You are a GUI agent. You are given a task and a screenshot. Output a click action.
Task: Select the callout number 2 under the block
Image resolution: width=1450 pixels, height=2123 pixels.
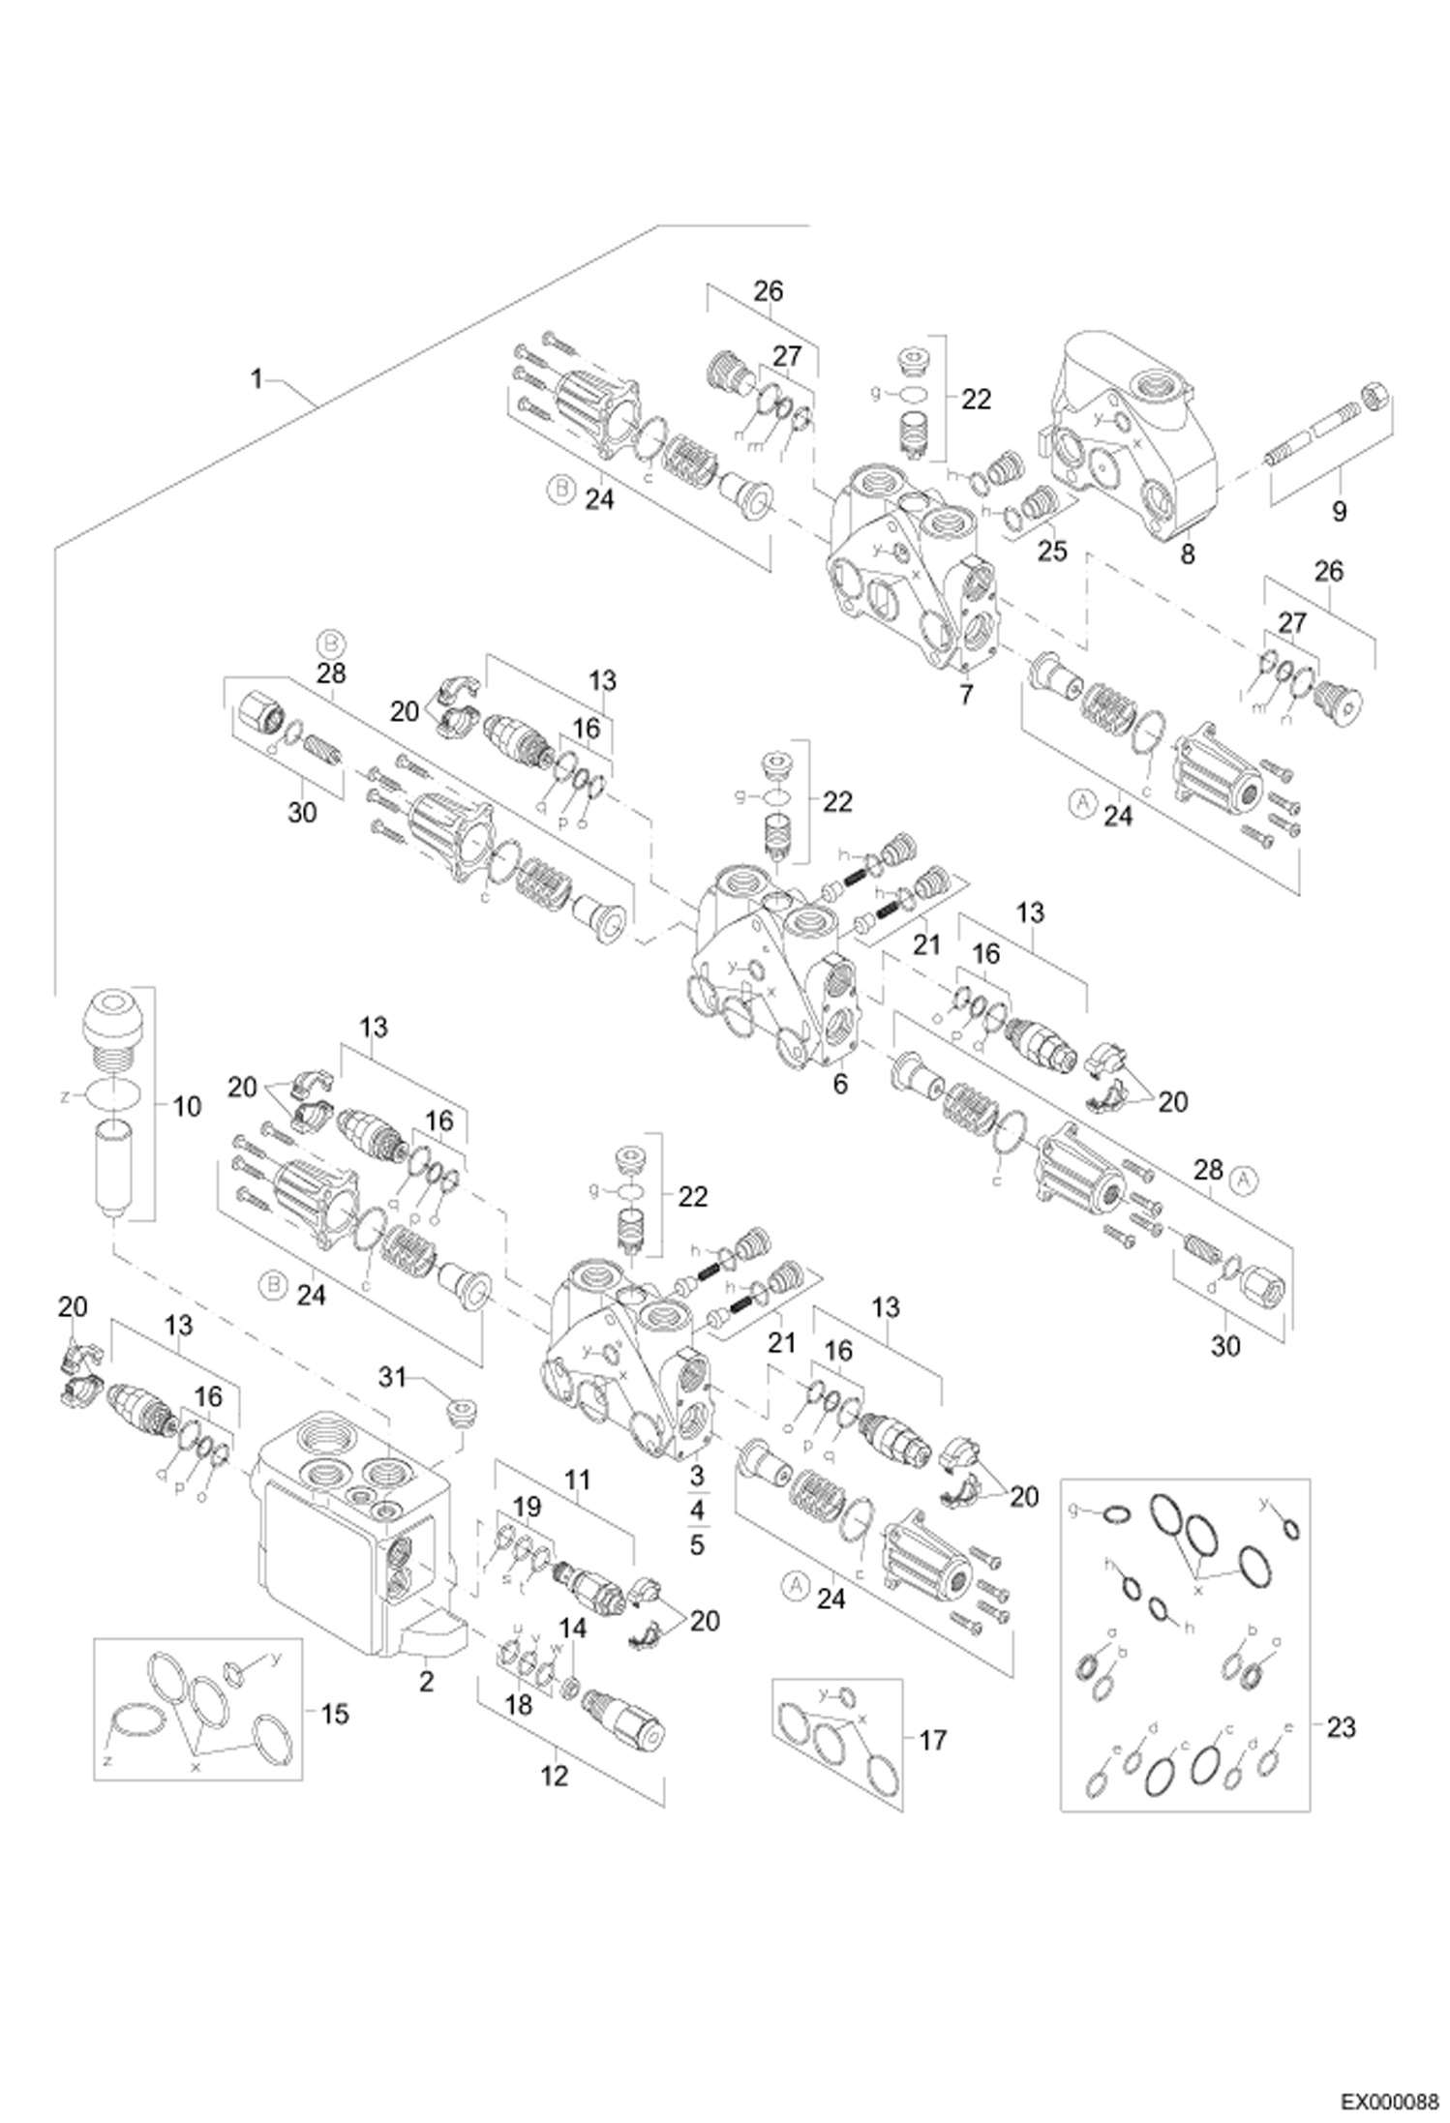426,1682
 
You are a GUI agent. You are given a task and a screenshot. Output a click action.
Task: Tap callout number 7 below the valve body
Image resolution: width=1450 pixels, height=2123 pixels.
965,694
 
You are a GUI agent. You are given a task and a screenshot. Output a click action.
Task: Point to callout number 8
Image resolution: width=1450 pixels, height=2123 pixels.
1188,553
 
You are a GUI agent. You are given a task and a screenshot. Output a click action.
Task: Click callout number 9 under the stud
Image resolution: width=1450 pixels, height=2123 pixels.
1339,511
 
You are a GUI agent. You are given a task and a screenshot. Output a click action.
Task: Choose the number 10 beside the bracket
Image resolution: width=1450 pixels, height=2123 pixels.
186,1106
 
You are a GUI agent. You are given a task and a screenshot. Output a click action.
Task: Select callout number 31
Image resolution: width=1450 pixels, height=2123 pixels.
392,1378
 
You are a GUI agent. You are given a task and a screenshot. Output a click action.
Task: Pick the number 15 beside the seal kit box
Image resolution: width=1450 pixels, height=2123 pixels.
334,1715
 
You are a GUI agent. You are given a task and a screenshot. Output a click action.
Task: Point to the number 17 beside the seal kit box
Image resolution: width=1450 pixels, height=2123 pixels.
931,1741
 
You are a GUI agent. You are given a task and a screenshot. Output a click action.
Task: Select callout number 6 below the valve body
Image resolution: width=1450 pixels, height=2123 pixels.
839,1084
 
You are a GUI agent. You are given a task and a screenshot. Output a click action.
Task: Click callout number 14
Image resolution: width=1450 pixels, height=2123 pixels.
573,1629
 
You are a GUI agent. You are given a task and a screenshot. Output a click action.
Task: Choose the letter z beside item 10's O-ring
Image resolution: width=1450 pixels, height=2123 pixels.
65,1097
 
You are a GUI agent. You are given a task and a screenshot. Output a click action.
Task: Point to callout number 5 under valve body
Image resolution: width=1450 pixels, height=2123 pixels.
697,1545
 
